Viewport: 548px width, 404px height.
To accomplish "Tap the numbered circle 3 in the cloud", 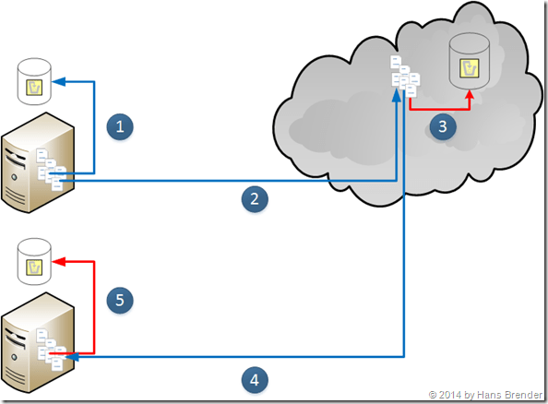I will click(x=444, y=126).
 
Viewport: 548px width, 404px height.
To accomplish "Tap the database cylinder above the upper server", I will click(x=35, y=80).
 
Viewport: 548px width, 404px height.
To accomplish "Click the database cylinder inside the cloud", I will click(x=468, y=60).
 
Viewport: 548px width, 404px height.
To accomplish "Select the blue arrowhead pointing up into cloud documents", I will click(x=396, y=91).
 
